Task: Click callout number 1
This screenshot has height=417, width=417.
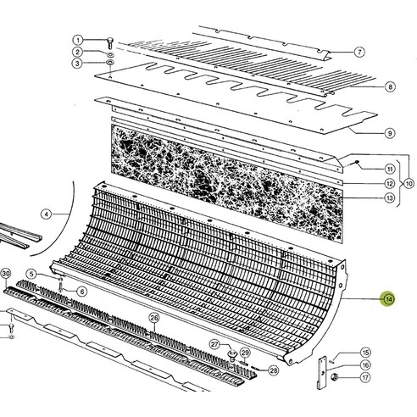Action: [77, 40]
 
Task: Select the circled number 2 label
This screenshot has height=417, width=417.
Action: [77, 52]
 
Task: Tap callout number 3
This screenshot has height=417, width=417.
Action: [77, 64]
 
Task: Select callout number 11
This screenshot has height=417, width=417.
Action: [366, 170]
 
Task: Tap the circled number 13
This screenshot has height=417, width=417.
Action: [366, 198]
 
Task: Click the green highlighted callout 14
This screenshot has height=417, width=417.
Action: [388, 298]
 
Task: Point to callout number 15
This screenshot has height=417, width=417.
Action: [365, 353]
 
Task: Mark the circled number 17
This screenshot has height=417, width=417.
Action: [365, 377]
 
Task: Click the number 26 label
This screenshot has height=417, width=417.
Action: [154, 319]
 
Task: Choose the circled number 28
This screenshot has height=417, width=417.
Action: [274, 370]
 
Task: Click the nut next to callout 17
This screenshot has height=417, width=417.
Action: [335, 377]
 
